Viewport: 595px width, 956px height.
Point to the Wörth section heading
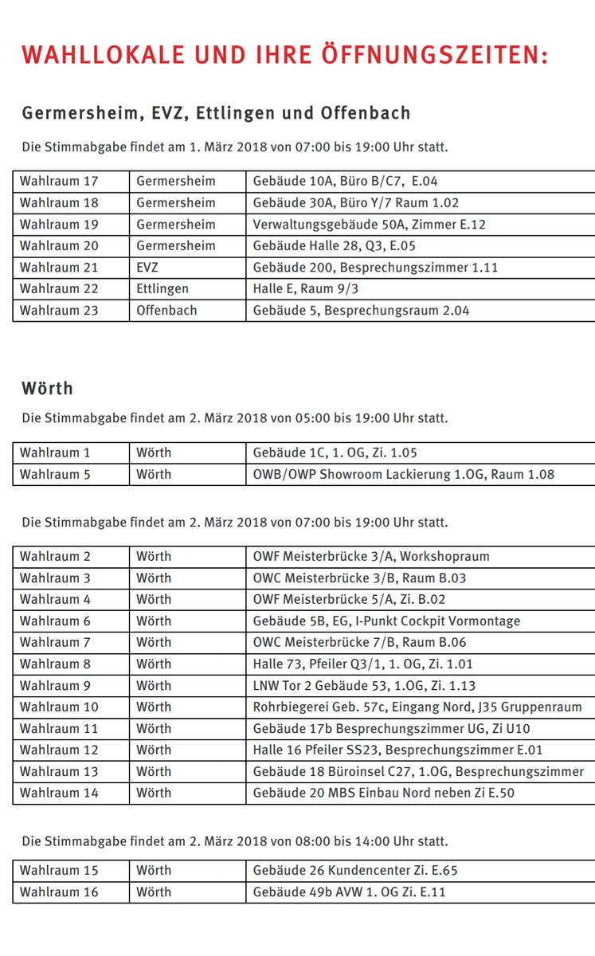47,389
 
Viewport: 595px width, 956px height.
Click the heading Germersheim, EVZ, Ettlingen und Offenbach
216,113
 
